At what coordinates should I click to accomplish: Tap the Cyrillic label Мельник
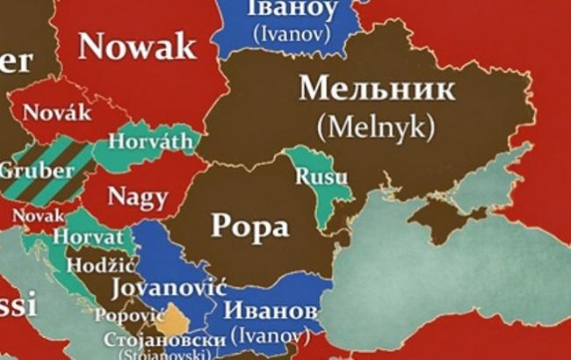pos(378,89)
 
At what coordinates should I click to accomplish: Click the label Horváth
pos(151,140)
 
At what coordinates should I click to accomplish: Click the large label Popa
pos(250,227)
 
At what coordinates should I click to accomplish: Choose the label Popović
pos(130,313)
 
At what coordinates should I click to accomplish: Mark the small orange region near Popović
pos(176,318)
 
